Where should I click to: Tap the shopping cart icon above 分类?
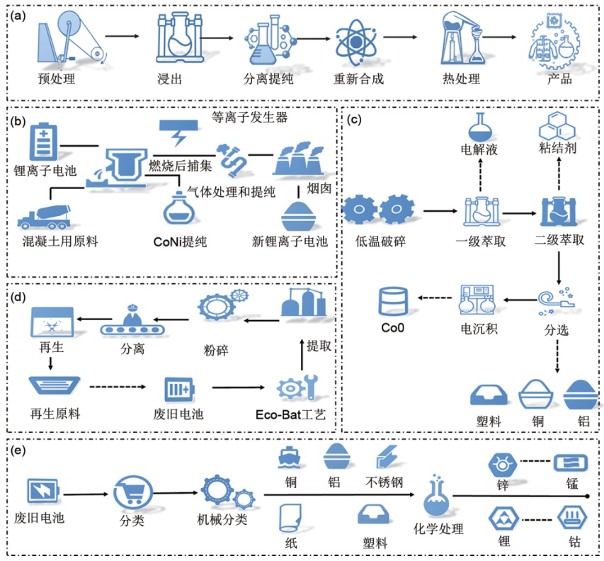click(130, 491)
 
